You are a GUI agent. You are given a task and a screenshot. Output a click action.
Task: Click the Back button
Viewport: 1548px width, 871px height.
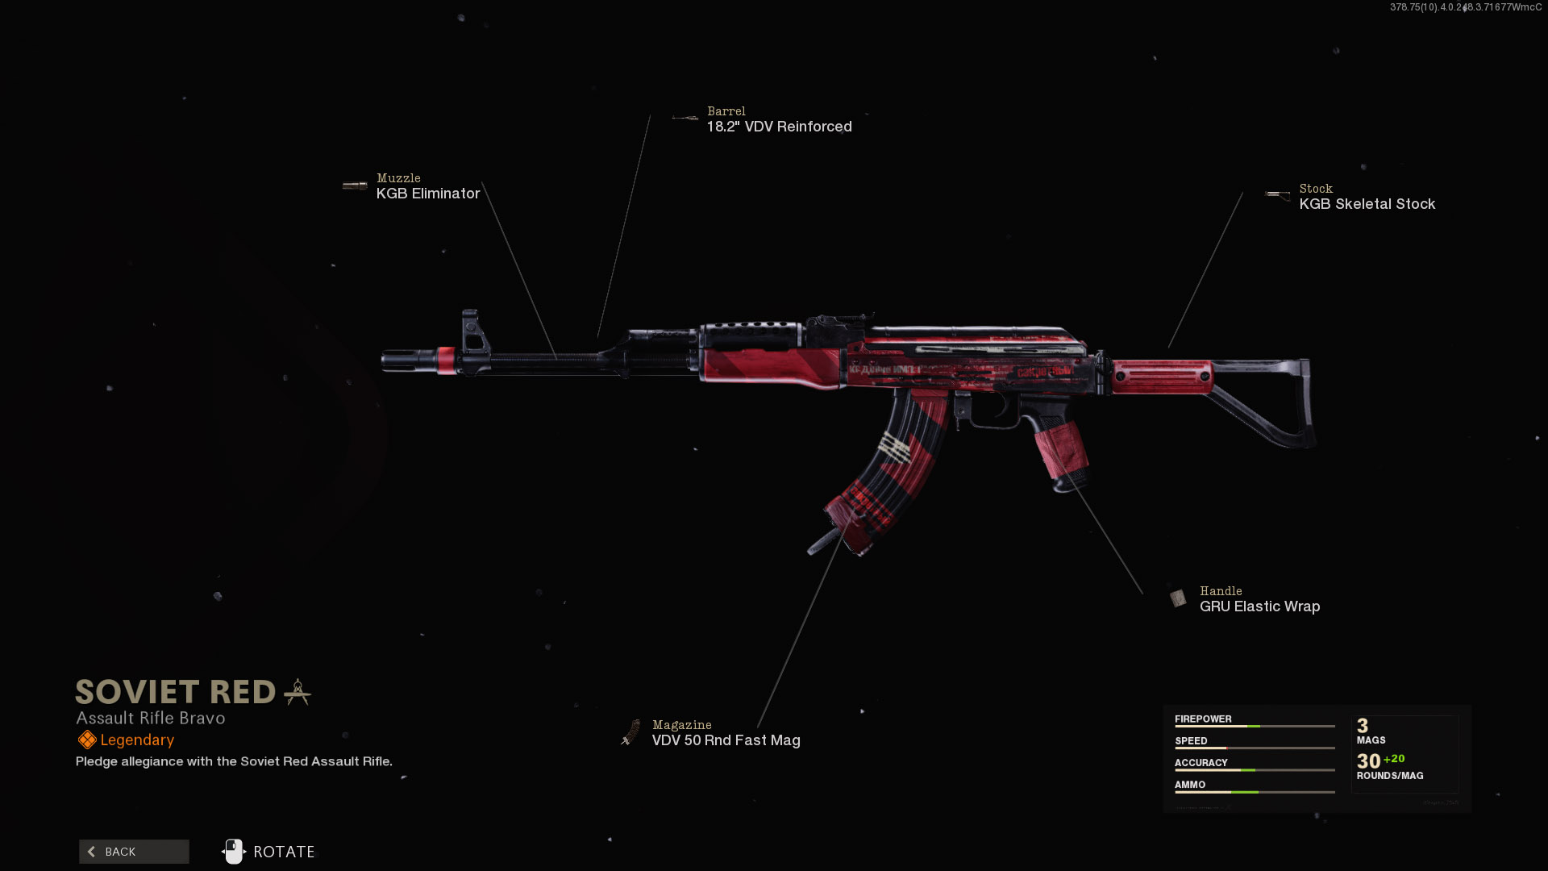point(134,852)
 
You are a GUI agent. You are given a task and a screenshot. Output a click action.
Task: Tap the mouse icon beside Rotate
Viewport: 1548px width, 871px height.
point(234,852)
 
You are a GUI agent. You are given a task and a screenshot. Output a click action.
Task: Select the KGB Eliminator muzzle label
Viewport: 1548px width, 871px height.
point(428,194)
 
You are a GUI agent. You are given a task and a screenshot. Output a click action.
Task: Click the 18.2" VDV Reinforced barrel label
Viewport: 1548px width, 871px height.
point(779,127)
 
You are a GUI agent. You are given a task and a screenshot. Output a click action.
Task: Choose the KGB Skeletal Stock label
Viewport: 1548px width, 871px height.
point(1367,204)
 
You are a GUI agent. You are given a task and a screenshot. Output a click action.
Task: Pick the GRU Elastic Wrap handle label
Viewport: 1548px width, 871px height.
point(1259,606)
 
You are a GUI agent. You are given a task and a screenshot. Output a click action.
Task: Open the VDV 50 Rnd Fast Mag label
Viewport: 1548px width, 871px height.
point(726,740)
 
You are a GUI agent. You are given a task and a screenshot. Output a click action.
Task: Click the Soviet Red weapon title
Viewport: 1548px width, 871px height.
point(176,692)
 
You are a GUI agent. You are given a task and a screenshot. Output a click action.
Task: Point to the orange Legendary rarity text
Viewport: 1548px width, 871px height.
point(137,740)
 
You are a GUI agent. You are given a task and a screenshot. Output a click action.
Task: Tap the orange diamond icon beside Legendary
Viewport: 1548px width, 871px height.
point(87,740)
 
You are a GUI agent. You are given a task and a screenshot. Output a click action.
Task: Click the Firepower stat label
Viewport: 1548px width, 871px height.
point(1203,719)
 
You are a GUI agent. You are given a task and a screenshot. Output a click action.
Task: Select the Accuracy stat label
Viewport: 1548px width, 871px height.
point(1201,762)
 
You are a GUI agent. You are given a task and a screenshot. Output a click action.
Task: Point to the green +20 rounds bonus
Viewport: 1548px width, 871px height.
point(1394,759)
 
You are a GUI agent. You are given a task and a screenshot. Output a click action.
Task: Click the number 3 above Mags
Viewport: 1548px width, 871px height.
point(1363,726)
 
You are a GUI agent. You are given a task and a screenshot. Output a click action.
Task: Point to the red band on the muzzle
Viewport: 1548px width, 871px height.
point(446,360)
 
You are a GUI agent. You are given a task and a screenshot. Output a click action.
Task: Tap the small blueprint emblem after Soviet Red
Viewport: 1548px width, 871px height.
point(298,692)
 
